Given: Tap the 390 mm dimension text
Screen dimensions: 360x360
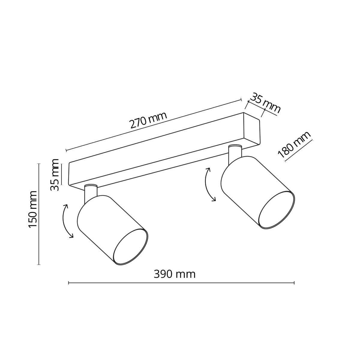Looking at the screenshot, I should pyautogui.click(x=174, y=274).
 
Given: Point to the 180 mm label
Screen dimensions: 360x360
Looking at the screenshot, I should pyautogui.click(x=294, y=145).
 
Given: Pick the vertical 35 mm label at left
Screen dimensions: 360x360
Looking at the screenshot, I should pyautogui.click(x=55, y=175).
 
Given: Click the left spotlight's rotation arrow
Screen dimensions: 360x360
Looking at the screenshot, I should pyautogui.click(x=67, y=221).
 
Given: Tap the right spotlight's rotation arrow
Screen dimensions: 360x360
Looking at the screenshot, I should pyautogui.click(x=209, y=184).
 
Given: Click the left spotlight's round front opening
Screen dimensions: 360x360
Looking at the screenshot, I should pyautogui.click(x=130, y=247).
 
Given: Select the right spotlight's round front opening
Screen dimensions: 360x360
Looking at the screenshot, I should pyautogui.click(x=276, y=210).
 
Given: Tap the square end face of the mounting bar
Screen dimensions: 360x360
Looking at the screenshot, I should pyautogui.click(x=252, y=129).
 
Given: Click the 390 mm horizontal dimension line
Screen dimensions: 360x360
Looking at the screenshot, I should pyautogui.click(x=181, y=283).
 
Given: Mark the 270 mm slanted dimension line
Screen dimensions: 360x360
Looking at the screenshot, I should pyautogui.click(x=154, y=124).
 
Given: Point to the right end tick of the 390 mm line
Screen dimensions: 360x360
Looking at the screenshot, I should pyautogui.click(x=294, y=283).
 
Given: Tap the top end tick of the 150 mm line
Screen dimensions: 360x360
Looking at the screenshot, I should pyautogui.click(x=39, y=163).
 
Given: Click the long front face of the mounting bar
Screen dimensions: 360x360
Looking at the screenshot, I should pyautogui.click(x=156, y=162).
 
